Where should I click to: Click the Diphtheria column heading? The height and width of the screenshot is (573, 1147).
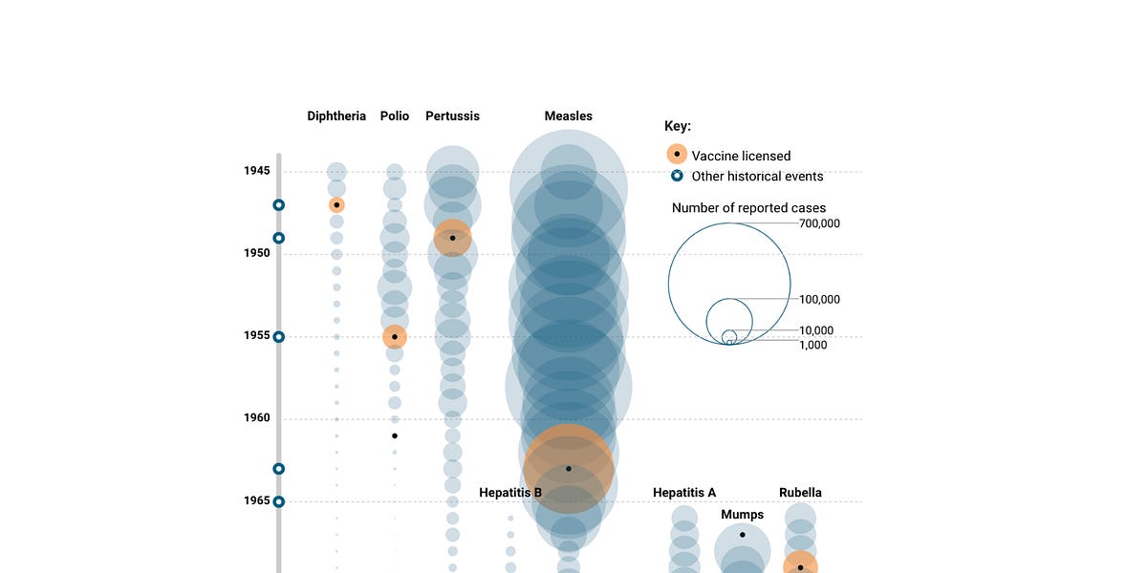336,116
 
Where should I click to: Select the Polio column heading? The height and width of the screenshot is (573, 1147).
395,116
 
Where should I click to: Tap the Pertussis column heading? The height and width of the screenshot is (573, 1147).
452,116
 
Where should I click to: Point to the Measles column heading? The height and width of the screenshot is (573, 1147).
569,116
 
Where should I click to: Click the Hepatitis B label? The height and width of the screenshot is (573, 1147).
510,493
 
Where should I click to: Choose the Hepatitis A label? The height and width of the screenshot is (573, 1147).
684,493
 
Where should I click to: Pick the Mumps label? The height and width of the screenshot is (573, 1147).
743,515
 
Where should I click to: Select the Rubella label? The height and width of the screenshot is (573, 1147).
800,493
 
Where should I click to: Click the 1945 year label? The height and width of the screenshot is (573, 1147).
256,171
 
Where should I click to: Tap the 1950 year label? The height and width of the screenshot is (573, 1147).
256,253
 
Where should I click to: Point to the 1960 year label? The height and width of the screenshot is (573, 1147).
256,418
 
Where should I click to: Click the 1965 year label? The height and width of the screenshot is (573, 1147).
256,500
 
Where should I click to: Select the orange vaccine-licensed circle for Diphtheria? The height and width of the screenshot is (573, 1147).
336,205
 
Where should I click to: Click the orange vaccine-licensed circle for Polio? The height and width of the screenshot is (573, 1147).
395,336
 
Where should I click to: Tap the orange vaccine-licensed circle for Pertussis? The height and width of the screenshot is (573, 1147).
452,238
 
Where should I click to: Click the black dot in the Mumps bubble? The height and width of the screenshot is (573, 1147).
743,535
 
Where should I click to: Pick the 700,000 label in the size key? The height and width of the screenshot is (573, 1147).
819,223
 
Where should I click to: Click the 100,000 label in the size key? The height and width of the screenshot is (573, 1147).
819,299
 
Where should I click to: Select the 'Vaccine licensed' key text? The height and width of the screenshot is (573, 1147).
741,156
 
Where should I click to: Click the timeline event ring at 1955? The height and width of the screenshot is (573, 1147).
279,336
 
